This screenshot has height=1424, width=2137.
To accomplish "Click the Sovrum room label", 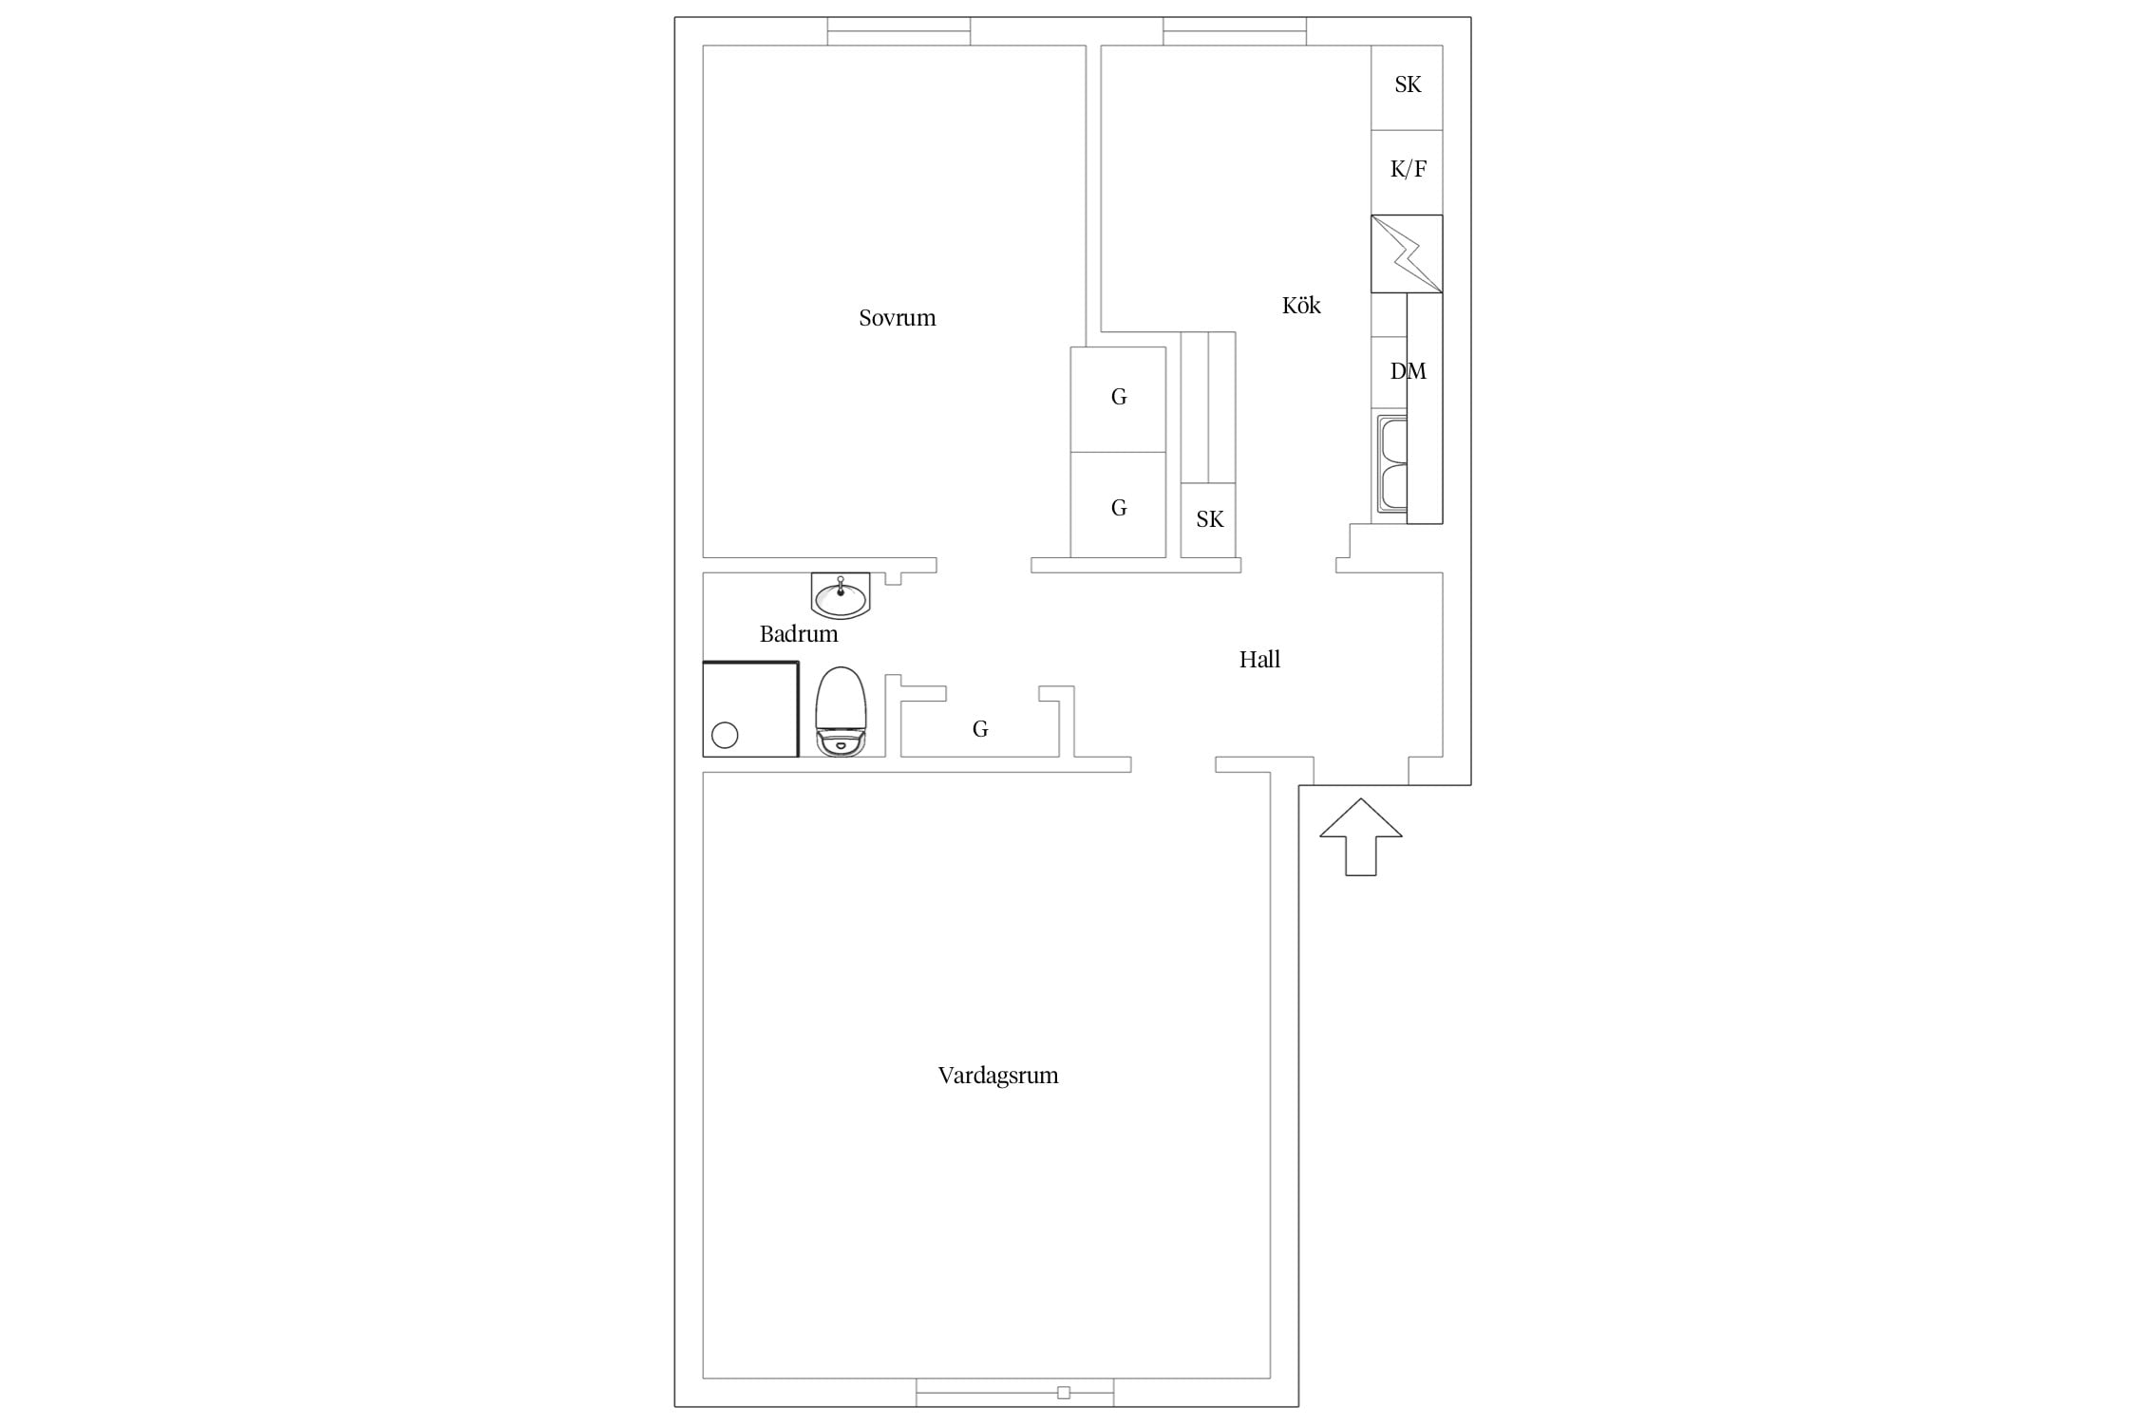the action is click(897, 318).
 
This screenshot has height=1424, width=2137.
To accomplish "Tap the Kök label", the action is click(1301, 305).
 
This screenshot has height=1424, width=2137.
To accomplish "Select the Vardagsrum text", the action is click(998, 1076).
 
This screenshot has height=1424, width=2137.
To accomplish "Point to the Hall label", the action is click(1259, 659).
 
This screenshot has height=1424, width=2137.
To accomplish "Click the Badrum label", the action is click(799, 633).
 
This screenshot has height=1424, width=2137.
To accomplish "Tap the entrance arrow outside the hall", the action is click(1361, 836).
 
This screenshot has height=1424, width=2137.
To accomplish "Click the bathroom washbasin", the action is click(841, 596).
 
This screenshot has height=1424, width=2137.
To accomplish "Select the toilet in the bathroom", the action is click(841, 712).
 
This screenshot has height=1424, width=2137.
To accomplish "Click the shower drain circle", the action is click(725, 735).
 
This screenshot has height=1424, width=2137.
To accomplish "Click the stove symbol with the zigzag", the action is click(1407, 253).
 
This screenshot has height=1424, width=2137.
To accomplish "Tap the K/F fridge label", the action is click(1409, 169).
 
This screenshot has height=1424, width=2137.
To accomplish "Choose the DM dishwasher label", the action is click(1409, 371).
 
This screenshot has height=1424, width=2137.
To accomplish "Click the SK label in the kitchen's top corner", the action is click(1408, 84).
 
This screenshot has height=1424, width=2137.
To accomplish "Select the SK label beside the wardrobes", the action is click(1210, 519).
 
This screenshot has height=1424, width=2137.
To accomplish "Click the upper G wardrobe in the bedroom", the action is click(1118, 399).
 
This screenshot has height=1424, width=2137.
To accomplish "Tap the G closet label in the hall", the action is click(980, 729).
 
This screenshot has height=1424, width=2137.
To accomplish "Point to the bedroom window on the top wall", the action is click(898, 31).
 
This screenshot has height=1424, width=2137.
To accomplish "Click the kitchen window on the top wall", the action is click(1235, 31).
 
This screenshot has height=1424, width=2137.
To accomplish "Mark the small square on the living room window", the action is click(1064, 1393).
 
